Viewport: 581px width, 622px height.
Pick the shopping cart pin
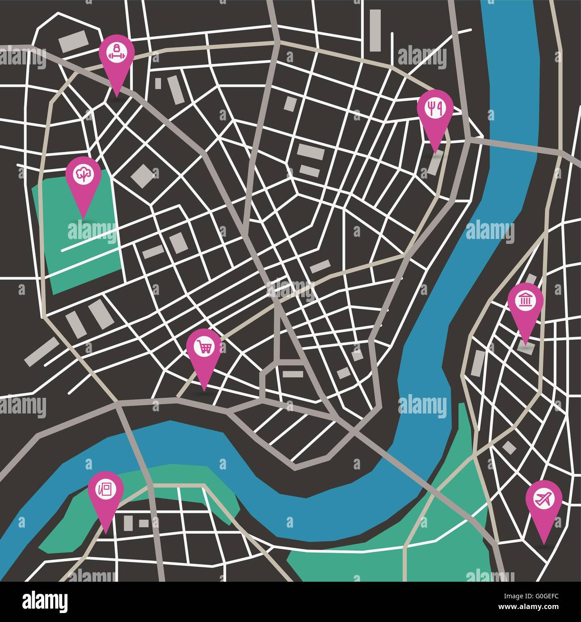203,348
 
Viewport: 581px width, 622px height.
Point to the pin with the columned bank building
525,301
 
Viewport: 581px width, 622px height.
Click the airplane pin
543,499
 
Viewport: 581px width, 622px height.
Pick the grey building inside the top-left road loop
74,41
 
